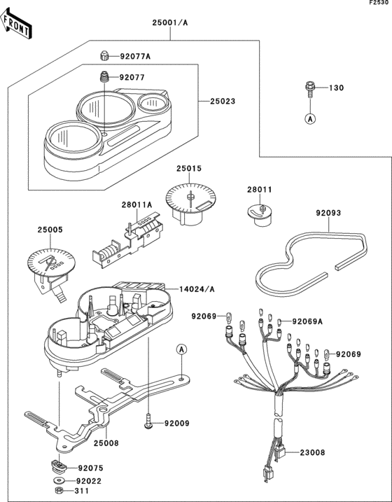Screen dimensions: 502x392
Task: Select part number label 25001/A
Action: pos(171,22)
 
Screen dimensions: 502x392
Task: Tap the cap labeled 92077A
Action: pos(104,55)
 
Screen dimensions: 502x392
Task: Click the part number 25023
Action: pos(223,102)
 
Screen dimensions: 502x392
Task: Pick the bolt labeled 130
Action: pos(309,88)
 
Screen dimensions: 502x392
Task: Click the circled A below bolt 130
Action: pos(309,119)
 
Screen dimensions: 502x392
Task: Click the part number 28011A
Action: pos(136,205)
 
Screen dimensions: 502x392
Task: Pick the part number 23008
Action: pos(312,453)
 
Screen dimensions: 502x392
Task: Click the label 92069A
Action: pos(308,321)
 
